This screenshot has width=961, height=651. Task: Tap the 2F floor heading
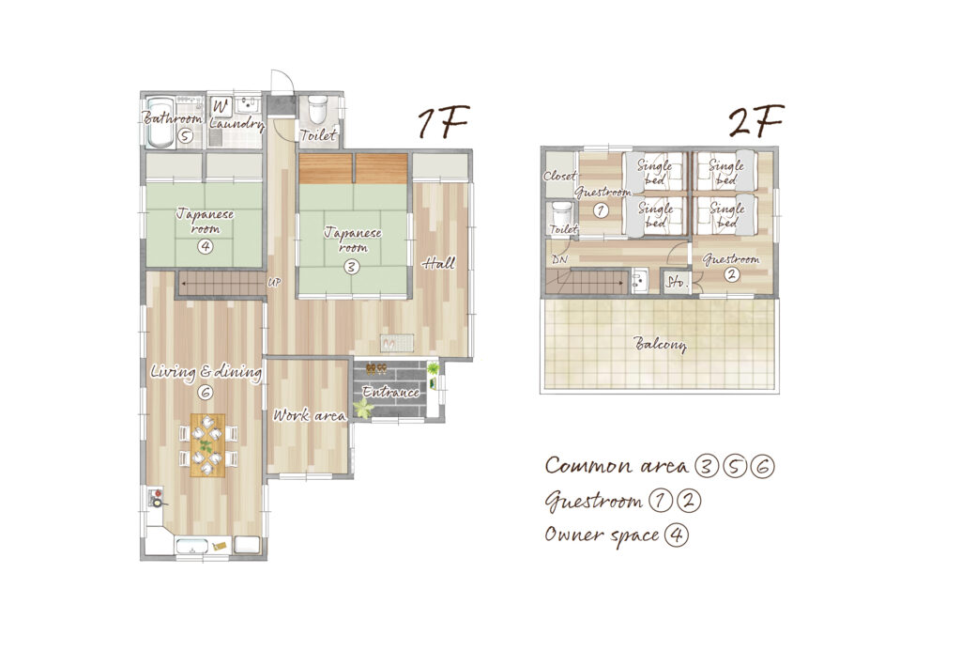(755, 121)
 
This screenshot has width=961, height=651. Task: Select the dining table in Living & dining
(207, 445)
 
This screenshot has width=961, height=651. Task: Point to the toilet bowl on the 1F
(317, 109)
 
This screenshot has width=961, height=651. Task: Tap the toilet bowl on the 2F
(561, 214)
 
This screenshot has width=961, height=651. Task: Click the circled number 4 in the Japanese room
(205, 247)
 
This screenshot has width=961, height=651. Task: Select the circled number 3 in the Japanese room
(351, 267)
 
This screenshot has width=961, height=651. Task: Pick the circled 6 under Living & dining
(206, 392)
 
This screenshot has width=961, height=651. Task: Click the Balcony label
(660, 344)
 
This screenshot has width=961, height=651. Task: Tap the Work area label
(309, 415)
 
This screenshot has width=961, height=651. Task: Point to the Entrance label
(390, 392)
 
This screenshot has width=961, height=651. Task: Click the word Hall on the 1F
(439, 263)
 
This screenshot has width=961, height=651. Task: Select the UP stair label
(274, 283)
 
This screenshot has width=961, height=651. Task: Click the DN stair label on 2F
(559, 259)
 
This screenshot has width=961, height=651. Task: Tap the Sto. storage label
(677, 282)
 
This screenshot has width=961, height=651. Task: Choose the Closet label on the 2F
(559, 176)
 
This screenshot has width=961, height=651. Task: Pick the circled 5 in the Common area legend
(734, 466)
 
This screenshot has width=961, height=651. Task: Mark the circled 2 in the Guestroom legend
(688, 501)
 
